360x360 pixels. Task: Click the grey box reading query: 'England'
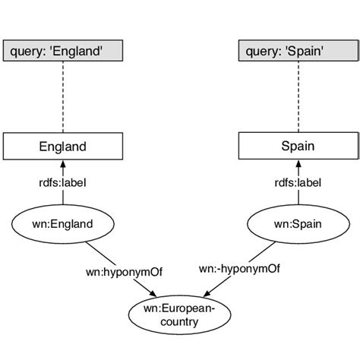[63, 52]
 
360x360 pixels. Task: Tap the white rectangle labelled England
[63, 147]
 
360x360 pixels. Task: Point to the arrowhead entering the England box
[63, 164]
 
